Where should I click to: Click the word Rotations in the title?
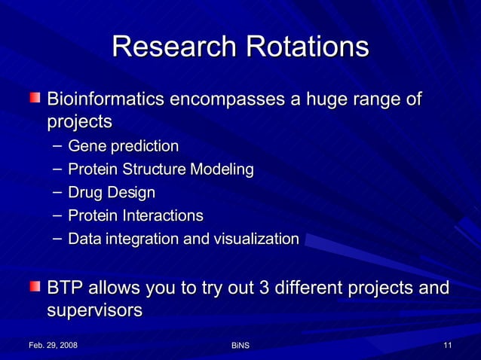(305, 47)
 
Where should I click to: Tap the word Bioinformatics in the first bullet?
(105, 99)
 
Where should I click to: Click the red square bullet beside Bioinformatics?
(35, 98)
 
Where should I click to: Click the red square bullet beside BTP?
(35, 287)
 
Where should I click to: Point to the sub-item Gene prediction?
(123, 145)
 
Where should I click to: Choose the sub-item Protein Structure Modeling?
(160, 169)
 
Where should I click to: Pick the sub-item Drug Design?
(111, 193)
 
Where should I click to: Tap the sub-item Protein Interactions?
(135, 216)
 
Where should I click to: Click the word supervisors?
(94, 310)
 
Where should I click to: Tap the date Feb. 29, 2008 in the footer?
(52, 345)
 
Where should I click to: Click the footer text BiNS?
(240, 346)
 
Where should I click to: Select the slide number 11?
(448, 345)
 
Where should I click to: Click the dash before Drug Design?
(57, 193)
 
